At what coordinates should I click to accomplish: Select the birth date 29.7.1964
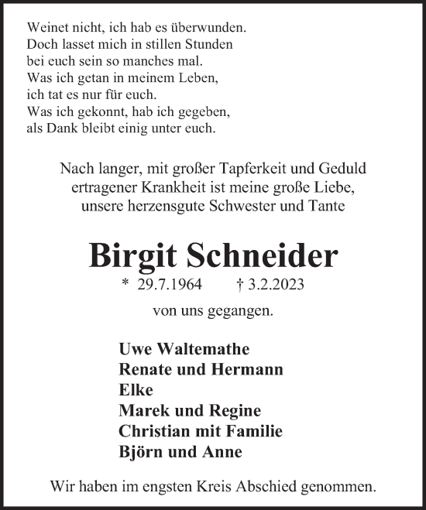[173, 286]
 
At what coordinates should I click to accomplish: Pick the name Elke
[136, 390]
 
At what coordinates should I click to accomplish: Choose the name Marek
[142, 410]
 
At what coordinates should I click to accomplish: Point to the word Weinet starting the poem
[46, 27]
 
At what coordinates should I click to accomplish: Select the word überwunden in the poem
[211, 27]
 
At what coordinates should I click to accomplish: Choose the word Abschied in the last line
[269, 488]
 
